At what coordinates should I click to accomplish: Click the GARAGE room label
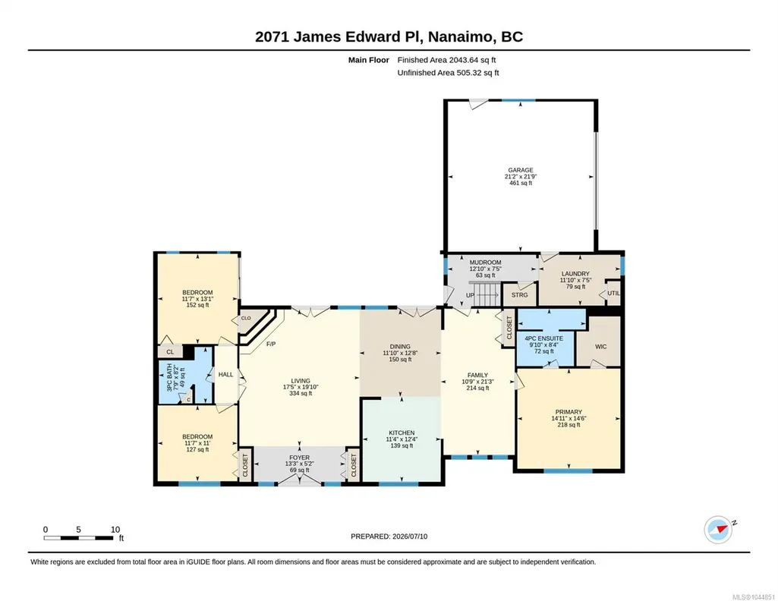click(521, 170)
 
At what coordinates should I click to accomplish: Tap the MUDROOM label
click(485, 263)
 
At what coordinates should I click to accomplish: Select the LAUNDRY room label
click(575, 274)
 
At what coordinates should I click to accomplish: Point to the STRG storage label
click(519, 295)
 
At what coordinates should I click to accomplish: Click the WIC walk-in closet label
click(601, 347)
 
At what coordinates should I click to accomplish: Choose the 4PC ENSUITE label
click(543, 338)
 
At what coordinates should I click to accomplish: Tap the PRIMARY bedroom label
click(569, 412)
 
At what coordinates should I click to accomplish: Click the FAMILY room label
click(478, 376)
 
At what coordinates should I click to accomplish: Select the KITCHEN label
click(402, 433)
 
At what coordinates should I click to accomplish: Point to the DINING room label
click(400, 347)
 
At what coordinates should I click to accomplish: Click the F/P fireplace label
click(271, 345)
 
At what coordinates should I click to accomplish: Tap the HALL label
click(225, 374)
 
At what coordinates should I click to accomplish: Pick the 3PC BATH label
click(170, 378)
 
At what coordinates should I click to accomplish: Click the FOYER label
click(300, 458)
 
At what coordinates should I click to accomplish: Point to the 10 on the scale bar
click(115, 530)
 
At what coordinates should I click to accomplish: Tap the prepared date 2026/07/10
click(410, 536)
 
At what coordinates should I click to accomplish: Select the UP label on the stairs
click(470, 295)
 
